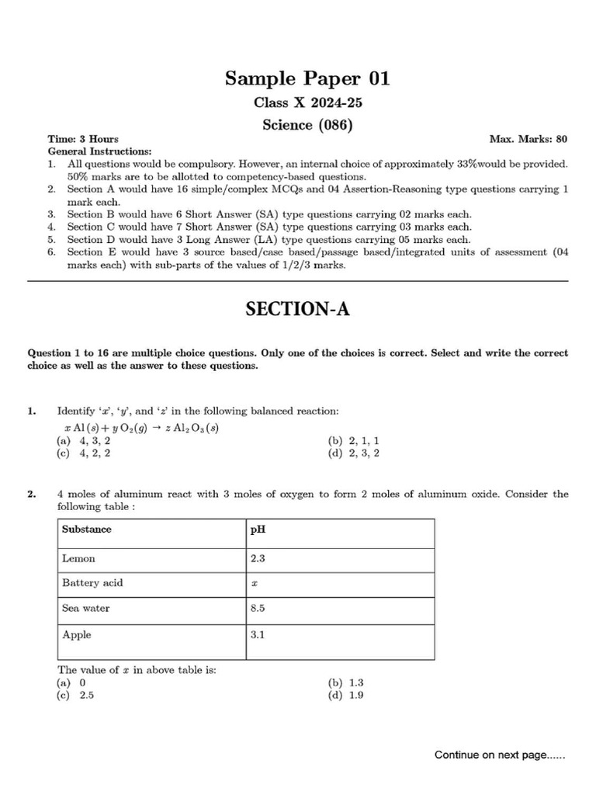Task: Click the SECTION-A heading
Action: [298, 310]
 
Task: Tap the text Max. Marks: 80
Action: [528, 139]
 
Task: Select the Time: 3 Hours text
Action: [83, 139]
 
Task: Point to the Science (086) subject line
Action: [297, 124]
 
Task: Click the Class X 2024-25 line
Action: [297, 102]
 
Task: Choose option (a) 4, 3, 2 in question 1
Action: [83, 441]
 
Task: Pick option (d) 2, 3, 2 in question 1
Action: [354, 453]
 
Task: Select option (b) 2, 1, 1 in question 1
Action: [354, 441]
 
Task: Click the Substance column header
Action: [86, 529]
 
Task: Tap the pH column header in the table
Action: [258, 529]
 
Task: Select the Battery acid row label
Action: [92, 583]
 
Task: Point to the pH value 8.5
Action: [258, 609]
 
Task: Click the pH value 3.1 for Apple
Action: [258, 635]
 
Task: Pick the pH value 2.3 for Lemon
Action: [258, 557]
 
